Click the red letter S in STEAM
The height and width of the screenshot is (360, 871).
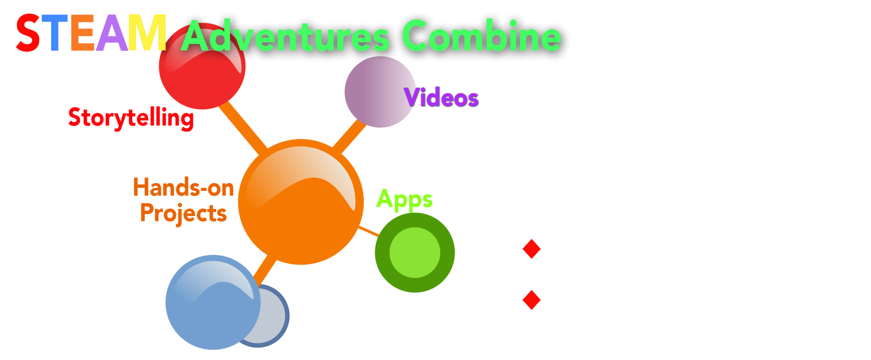point(28,33)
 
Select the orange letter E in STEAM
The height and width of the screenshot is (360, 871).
point(83,33)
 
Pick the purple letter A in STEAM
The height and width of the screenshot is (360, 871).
point(112,33)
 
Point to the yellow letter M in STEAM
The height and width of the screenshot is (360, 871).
point(147,33)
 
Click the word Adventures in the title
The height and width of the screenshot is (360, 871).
point(285,36)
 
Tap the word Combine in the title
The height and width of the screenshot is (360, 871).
point(481,36)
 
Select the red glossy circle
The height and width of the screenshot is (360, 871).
point(202,66)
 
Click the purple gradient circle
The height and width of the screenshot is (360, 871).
point(380,92)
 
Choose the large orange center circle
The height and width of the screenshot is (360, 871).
point(301,202)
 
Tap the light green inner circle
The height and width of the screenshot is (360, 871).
point(415,252)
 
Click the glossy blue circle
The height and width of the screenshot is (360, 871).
point(213,302)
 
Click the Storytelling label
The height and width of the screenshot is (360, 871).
point(131,118)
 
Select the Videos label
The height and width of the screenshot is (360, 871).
point(441,97)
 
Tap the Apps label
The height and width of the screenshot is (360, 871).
point(404,200)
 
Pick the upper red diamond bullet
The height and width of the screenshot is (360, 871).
point(532,249)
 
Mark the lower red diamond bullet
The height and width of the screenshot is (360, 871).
point(532,300)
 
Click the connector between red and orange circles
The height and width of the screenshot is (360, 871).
point(243,128)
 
